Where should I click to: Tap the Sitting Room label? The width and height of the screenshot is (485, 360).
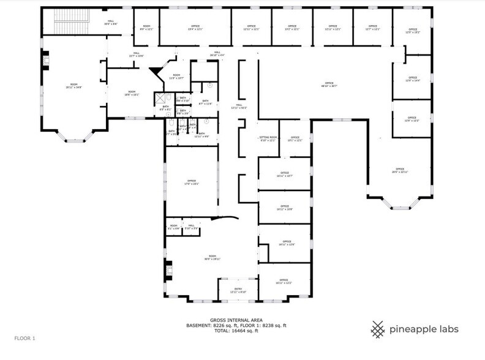coord(268,138)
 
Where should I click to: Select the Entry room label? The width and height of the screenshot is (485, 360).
coord(238,290)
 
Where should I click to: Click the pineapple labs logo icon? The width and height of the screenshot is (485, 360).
coord(377,329)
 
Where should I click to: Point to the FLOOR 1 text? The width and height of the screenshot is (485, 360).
coord(25,338)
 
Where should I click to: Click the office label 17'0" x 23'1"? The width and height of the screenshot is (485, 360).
coord(191,182)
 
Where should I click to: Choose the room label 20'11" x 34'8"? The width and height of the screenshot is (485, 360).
coord(74,86)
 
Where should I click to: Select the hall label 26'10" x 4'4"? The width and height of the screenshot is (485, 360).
coord(217,54)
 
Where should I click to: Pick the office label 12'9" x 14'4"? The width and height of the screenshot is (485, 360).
coord(412,79)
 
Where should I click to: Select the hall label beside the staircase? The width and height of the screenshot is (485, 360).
coord(111,23)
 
